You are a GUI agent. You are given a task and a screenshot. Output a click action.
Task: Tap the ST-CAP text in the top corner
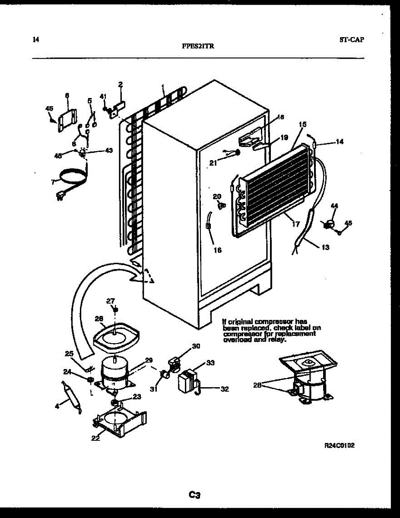351,40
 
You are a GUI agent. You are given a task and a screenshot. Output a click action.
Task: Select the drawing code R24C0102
340,446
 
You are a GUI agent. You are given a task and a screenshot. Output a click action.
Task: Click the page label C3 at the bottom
195,495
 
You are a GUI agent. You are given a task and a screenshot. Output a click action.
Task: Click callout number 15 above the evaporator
303,124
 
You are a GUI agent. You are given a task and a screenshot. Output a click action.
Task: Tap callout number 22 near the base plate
95,438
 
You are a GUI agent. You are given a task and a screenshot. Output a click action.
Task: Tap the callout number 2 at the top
121,84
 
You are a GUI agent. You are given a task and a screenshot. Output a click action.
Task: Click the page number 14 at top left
36,40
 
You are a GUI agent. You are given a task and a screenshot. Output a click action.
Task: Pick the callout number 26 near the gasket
99,319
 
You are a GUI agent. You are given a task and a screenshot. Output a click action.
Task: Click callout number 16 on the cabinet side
217,250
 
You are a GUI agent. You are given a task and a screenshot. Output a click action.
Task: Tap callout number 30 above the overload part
196,346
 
